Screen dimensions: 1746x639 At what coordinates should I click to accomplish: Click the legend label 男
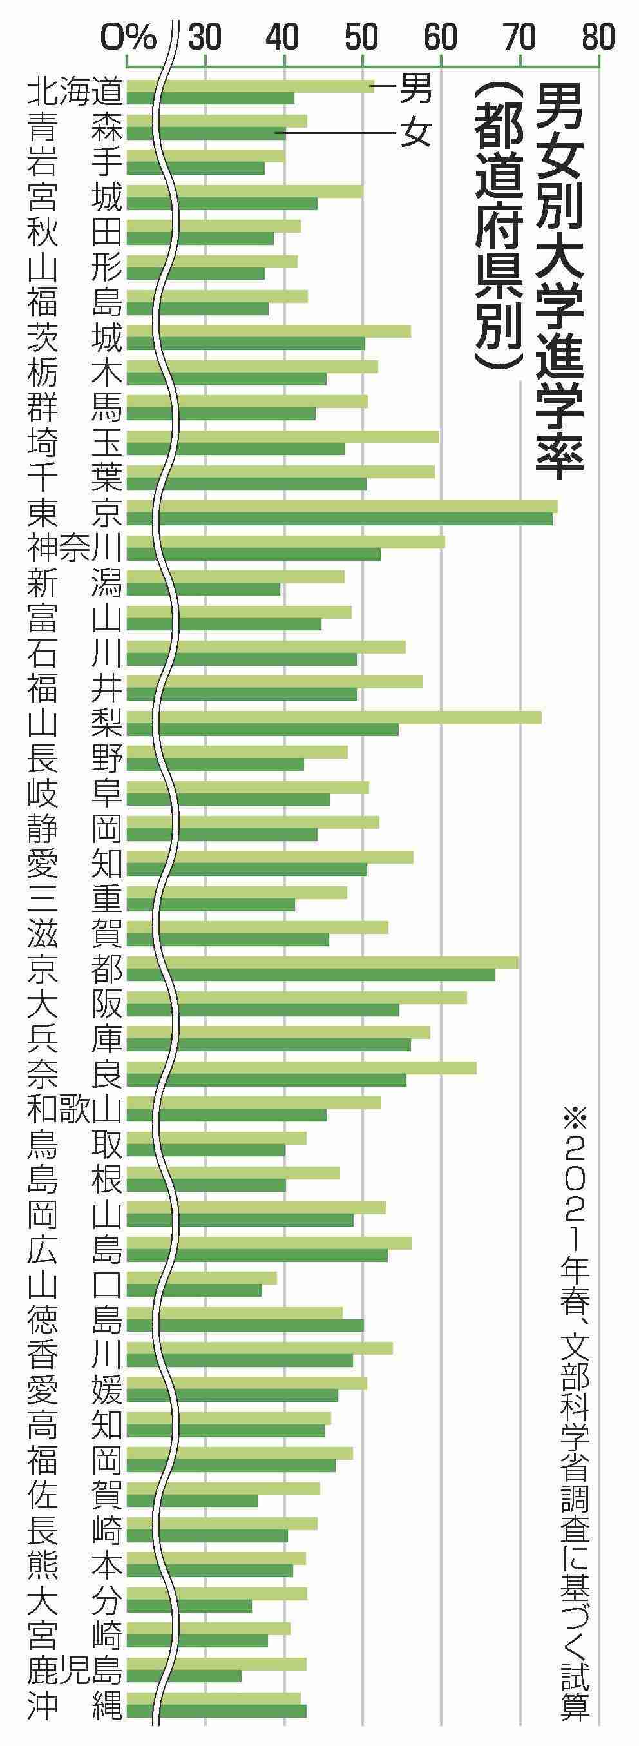pos(415,88)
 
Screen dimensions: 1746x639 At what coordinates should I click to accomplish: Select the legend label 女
pos(415,133)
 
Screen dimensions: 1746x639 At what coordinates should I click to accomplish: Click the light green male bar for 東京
pos(341,507)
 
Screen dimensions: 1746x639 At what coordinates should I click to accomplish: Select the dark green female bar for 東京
pos(339,519)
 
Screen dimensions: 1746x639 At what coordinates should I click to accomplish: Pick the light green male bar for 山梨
pos(334,717)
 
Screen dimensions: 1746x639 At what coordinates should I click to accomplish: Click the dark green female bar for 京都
pos(310,975)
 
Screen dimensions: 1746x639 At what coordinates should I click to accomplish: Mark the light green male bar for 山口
pos(201,1277)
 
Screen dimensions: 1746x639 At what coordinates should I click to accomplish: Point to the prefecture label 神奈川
pos(75,548)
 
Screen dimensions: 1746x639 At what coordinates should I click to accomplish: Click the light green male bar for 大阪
pos(296,997)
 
